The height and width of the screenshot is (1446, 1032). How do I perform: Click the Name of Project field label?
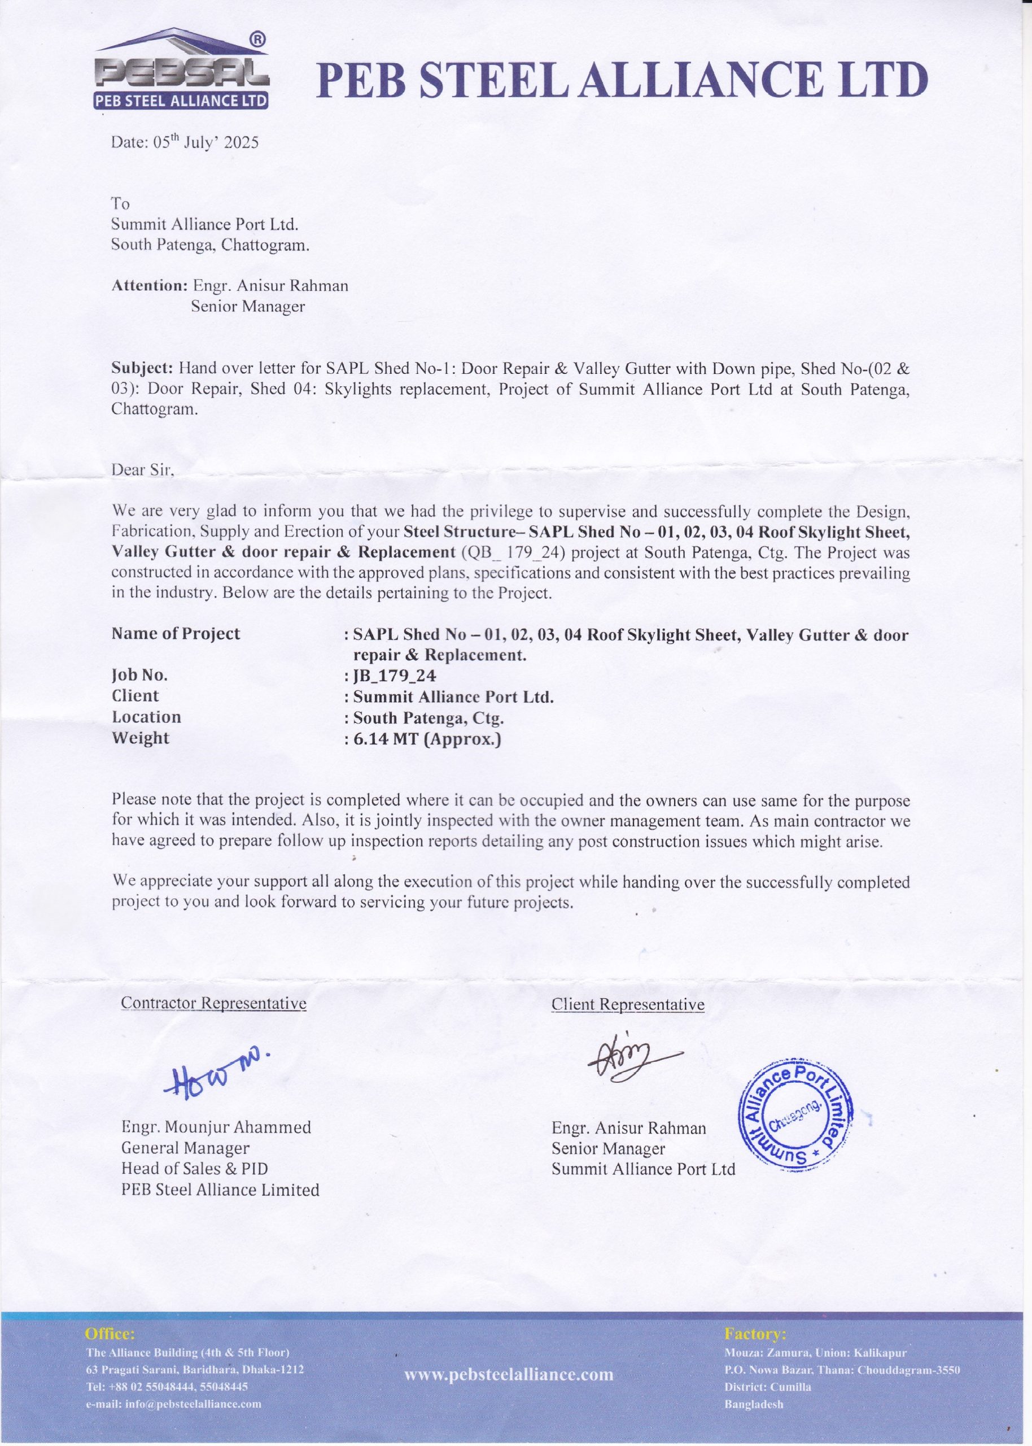coord(176,634)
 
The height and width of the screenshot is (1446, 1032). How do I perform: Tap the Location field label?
coord(147,717)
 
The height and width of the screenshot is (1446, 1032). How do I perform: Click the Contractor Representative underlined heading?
coord(213,1003)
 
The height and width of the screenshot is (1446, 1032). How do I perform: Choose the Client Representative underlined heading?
coord(628,1004)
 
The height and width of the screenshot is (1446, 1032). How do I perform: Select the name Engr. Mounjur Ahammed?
coord(216,1127)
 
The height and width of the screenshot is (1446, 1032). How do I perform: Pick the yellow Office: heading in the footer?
coord(110,1333)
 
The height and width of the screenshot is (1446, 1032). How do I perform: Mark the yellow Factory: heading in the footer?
coord(755,1333)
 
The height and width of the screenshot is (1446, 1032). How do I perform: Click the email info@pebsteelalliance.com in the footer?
coord(173,1404)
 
